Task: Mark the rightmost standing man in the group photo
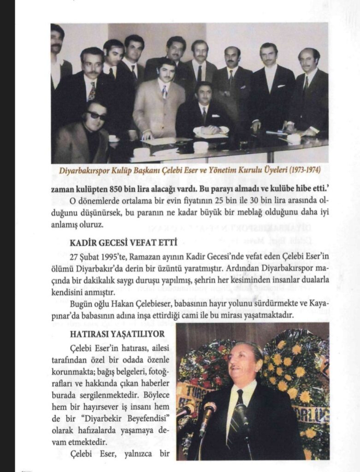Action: [x=309, y=92]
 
